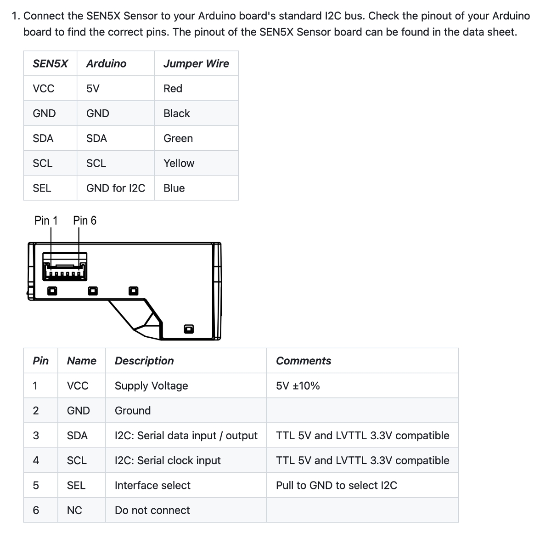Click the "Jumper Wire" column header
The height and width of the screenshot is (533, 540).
(x=196, y=63)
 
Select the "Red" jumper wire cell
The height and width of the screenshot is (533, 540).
(x=173, y=88)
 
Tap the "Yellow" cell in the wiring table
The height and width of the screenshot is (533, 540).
(x=179, y=163)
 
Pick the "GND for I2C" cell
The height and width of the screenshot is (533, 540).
(x=115, y=188)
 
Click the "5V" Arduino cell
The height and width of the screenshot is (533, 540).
(x=93, y=88)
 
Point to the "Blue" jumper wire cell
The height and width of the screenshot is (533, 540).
(x=174, y=188)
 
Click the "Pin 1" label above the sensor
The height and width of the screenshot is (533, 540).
(x=46, y=221)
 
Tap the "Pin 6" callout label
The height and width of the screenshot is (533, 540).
(x=84, y=221)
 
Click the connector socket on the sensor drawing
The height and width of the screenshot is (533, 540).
(x=64, y=266)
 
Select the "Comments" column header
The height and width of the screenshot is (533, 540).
(x=303, y=361)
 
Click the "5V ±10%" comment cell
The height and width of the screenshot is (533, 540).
(x=298, y=386)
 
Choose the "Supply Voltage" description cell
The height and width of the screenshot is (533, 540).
(x=151, y=386)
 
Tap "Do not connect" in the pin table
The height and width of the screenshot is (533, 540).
(x=152, y=510)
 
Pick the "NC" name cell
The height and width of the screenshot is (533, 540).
(x=74, y=510)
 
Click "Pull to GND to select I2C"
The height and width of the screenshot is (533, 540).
(x=336, y=485)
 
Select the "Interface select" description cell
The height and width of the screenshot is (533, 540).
(x=152, y=485)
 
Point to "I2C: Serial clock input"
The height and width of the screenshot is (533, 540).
(x=168, y=460)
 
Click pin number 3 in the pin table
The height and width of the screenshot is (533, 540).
(x=36, y=436)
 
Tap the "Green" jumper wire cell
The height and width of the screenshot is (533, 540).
(x=178, y=138)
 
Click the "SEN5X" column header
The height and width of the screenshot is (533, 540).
(x=50, y=63)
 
